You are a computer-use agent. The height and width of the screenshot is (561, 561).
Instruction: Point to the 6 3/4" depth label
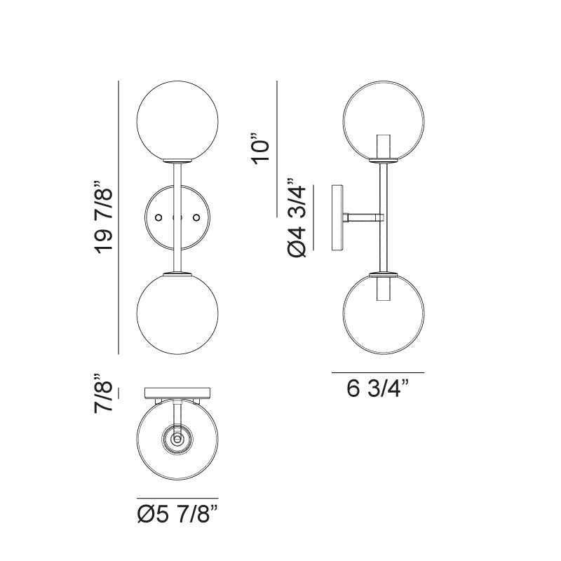[x=378, y=388]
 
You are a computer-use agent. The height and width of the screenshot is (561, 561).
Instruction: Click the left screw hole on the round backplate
[x=159, y=218]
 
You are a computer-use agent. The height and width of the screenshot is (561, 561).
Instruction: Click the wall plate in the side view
[x=338, y=217]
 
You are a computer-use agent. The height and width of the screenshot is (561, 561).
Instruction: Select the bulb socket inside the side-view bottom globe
[x=384, y=288]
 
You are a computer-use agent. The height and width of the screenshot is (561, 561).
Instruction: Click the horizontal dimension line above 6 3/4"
[x=378, y=372]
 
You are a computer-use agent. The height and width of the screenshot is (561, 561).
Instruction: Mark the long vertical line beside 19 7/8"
[x=120, y=217]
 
